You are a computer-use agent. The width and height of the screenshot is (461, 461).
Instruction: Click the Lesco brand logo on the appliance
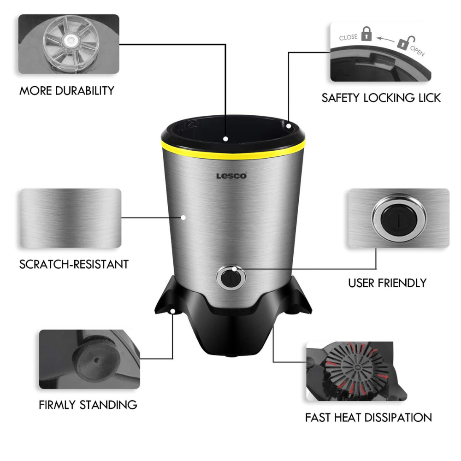click(231, 176)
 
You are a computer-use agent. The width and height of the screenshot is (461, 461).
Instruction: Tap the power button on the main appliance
click(231, 279)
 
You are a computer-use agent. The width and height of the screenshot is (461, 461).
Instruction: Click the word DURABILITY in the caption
click(84, 90)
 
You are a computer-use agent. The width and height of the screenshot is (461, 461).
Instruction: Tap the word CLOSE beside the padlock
click(348, 37)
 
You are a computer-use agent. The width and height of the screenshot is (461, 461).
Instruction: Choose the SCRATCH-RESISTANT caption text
click(74, 264)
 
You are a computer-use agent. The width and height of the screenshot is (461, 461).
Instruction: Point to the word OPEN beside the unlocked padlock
click(417, 50)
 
